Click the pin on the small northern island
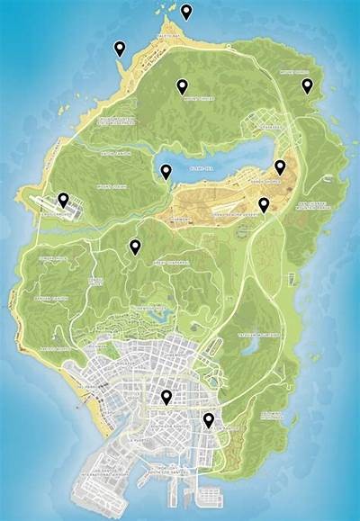pyautogui.click(x=186, y=12)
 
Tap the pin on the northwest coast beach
pyautogui.click(x=121, y=49)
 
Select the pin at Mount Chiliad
pyautogui.click(x=182, y=86)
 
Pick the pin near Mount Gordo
pyautogui.click(x=307, y=85)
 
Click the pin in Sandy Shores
pyautogui.click(x=280, y=166)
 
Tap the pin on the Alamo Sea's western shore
pyautogui.click(x=166, y=171)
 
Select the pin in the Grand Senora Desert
pyautogui.click(x=264, y=205)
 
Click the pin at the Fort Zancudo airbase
pyautogui.click(x=63, y=200)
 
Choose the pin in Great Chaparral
pyautogui.click(x=135, y=247)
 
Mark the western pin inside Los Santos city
pyautogui.click(x=166, y=398)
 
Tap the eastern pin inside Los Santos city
pyautogui.click(x=209, y=419)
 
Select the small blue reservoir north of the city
pyautogui.click(x=161, y=315)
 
